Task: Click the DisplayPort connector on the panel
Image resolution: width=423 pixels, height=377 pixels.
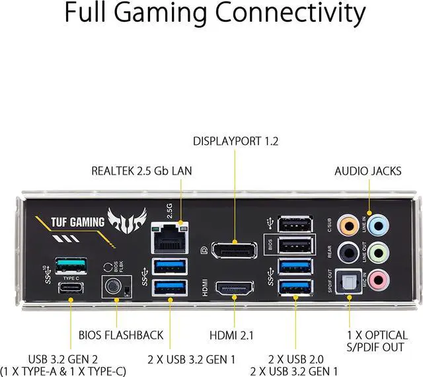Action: coord(235,253)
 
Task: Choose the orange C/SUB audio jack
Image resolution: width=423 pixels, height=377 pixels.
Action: coord(347,226)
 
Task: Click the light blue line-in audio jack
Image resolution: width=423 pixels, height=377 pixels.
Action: coord(377,226)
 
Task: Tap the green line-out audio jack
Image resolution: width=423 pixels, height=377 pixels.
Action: coord(377,253)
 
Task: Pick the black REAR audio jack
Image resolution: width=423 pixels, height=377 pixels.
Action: coord(347,253)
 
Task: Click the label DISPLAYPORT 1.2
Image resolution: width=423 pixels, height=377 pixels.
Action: coord(235,141)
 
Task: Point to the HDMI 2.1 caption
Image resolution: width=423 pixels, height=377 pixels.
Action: coord(235,335)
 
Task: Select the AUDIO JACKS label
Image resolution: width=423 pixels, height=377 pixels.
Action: coord(367,171)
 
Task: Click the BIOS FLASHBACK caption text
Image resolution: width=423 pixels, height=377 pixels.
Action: coord(121,335)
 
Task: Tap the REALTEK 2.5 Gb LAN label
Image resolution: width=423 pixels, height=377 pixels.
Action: coord(141,171)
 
